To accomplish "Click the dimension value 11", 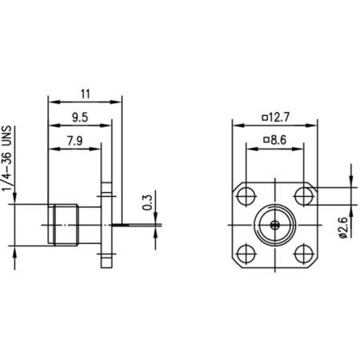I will [86, 93].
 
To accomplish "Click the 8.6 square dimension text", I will [276, 142].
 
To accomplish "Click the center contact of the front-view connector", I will [274, 222].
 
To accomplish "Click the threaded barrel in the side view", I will [67, 223].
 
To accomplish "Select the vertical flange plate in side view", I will [106, 224].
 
